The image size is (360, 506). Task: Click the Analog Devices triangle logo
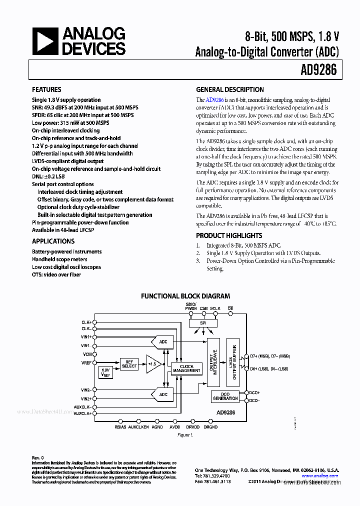(46, 41)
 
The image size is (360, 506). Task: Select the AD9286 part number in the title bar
(316, 69)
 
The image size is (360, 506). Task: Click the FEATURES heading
(46, 89)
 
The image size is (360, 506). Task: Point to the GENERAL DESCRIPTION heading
(229, 89)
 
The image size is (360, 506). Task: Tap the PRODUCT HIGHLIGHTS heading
(228, 235)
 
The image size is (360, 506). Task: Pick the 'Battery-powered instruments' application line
(66, 251)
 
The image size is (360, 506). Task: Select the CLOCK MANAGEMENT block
(186, 369)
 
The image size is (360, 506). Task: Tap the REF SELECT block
(129, 364)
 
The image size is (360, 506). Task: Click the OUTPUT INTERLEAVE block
(213, 363)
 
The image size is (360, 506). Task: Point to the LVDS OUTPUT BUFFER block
(232, 363)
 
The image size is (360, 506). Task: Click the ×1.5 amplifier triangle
(151, 364)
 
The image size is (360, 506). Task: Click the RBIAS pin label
(120, 427)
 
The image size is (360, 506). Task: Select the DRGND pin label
(210, 427)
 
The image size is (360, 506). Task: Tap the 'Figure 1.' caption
(185, 435)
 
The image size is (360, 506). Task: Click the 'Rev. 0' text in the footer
(38, 457)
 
